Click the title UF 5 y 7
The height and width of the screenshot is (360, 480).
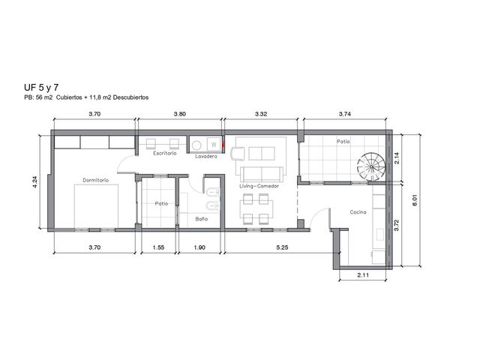pos(41,88)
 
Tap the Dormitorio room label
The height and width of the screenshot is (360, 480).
pos(95,180)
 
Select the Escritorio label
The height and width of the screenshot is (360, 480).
pos(165,153)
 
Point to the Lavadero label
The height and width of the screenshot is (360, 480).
pos(206,157)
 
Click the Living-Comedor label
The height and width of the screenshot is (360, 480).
pos(259,186)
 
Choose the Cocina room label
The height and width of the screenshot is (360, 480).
pos(358,211)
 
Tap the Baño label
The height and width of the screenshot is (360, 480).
pos(202,219)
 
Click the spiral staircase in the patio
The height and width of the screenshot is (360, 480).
pos(370,166)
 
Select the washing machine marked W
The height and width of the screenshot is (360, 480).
pos(214,145)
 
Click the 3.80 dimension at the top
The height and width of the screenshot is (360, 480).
pos(180,114)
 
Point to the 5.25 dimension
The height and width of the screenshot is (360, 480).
pos(282,247)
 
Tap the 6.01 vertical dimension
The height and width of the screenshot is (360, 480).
pos(415,200)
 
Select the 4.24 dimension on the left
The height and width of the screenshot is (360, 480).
pos(34,181)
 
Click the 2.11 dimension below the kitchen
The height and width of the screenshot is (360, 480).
pos(363,275)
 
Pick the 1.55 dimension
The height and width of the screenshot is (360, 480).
pos(158,247)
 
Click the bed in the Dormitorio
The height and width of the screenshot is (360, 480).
pos(96,206)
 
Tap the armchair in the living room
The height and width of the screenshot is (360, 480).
pos(238,153)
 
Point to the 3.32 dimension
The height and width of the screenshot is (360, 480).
pos(261,114)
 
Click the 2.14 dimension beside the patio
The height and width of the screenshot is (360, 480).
pos(397,158)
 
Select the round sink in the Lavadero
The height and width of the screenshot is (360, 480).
pos(196,145)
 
